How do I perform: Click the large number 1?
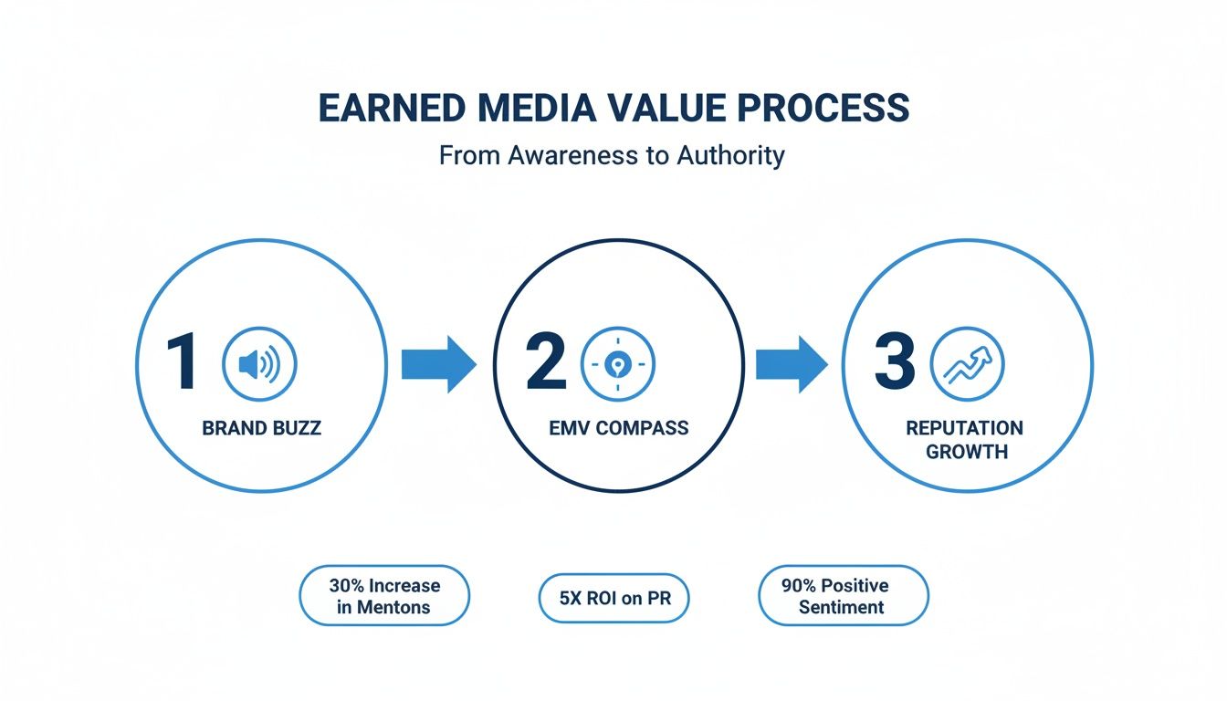pos(183,363)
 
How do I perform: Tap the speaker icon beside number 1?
pos(259,365)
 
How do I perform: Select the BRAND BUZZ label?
pos(261,427)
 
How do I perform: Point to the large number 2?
pos(546,363)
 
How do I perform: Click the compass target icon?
pos(618,365)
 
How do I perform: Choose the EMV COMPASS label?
pos(619,427)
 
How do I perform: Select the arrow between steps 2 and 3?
pos(791,363)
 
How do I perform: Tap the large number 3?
pos(894,363)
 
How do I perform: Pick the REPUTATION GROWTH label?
pos(965,439)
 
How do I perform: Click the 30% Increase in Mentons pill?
pos(383,596)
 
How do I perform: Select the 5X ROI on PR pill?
pos(613,597)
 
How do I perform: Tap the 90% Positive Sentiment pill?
pos(843,596)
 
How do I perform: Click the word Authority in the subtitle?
pos(730,155)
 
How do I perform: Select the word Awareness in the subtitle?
pos(565,155)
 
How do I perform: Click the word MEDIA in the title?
pos(540,108)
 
